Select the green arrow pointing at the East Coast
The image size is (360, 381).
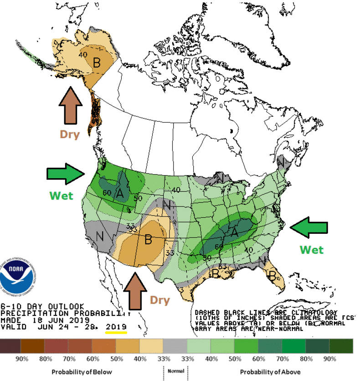point(310,227)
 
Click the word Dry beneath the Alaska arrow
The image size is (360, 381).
point(70,134)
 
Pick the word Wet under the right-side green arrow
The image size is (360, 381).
point(311,250)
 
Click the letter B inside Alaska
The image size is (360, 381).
point(97,63)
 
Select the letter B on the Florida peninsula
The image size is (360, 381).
point(273,275)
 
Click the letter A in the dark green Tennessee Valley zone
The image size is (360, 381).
point(235,232)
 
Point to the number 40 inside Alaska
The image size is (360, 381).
point(83,55)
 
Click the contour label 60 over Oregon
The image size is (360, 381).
point(107,192)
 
